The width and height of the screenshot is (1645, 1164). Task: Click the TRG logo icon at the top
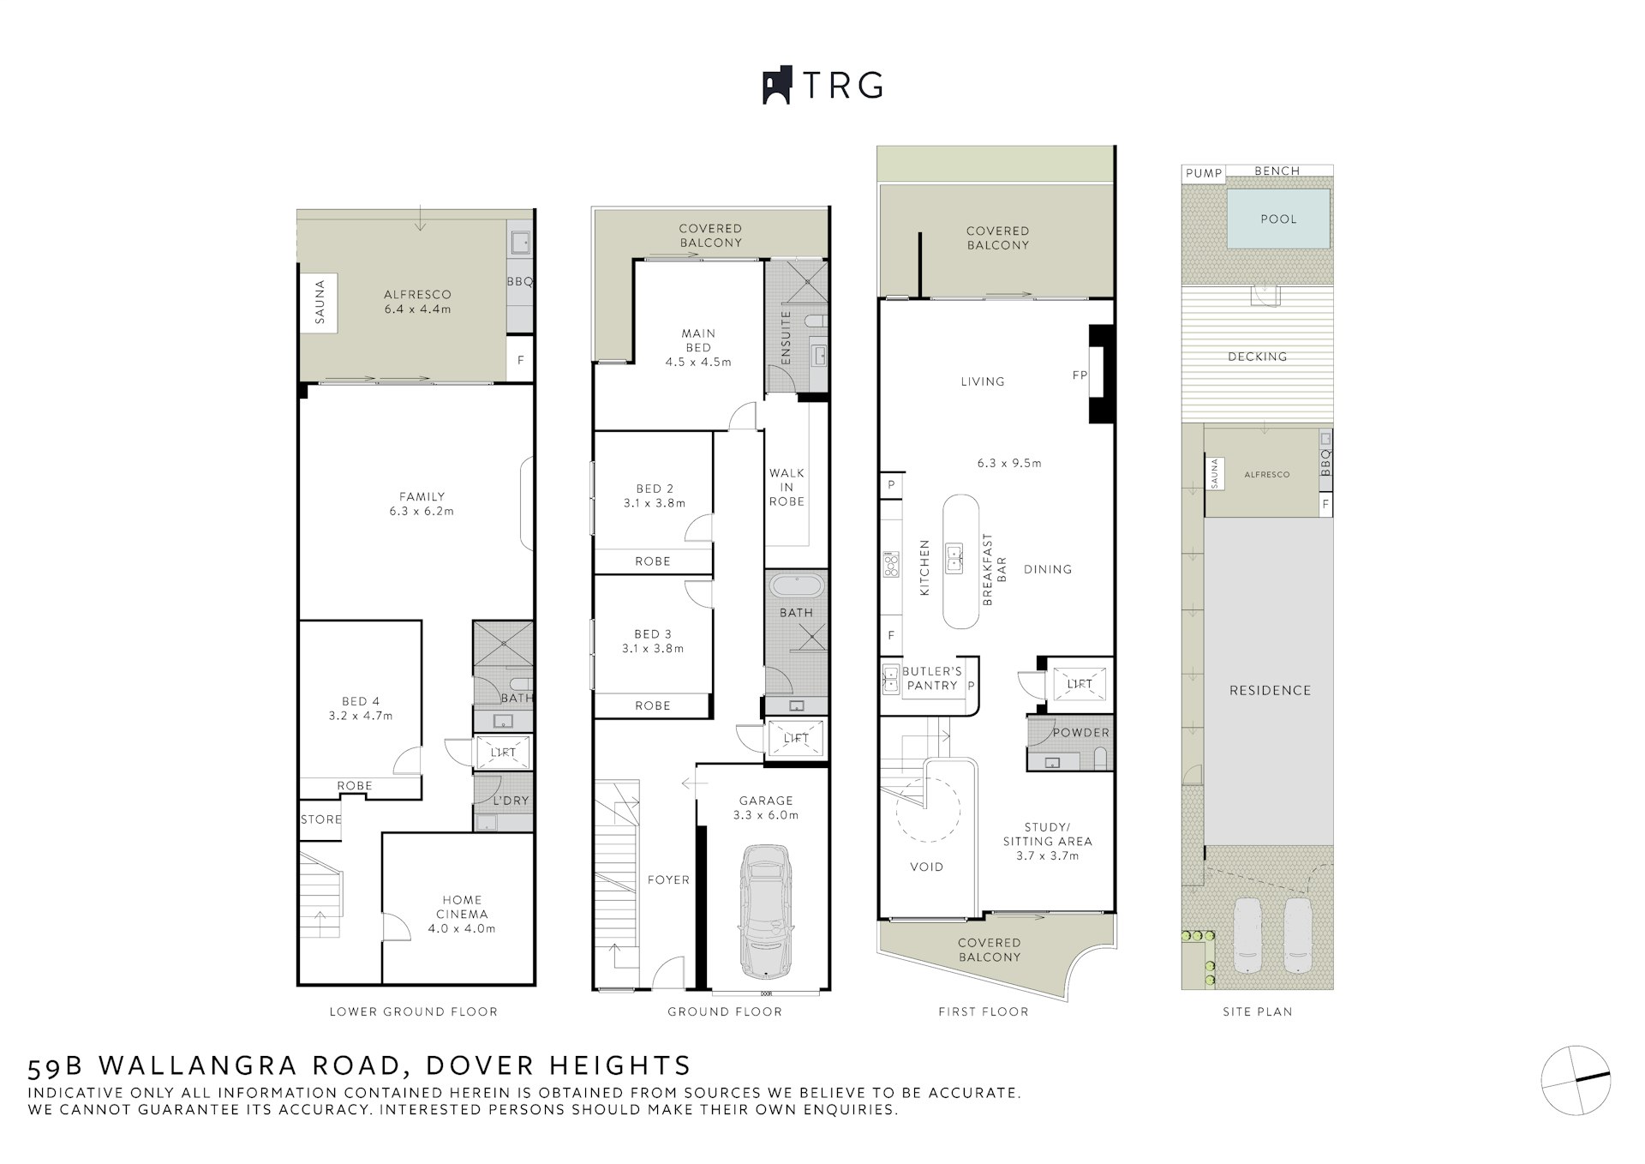(777, 85)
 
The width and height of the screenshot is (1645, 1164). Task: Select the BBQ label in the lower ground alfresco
(519, 281)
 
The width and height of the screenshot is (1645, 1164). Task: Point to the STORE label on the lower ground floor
(321, 819)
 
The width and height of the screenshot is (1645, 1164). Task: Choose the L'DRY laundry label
(511, 801)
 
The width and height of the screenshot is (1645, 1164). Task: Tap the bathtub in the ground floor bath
(797, 586)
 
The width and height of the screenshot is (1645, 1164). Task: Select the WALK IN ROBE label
(787, 487)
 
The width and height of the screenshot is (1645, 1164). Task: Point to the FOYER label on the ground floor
(668, 879)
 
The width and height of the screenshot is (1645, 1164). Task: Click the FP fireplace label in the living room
(1080, 375)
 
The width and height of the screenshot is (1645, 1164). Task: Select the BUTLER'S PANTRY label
(932, 678)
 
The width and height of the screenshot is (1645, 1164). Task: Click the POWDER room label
(1080, 733)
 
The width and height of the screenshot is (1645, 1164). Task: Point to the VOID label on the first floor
(926, 867)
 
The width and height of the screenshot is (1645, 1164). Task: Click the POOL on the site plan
(1278, 218)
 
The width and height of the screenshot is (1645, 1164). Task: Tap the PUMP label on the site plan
(1204, 173)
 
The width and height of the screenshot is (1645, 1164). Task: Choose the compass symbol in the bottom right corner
(1576, 1080)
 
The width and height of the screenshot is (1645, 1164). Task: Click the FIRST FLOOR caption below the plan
(983, 1011)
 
